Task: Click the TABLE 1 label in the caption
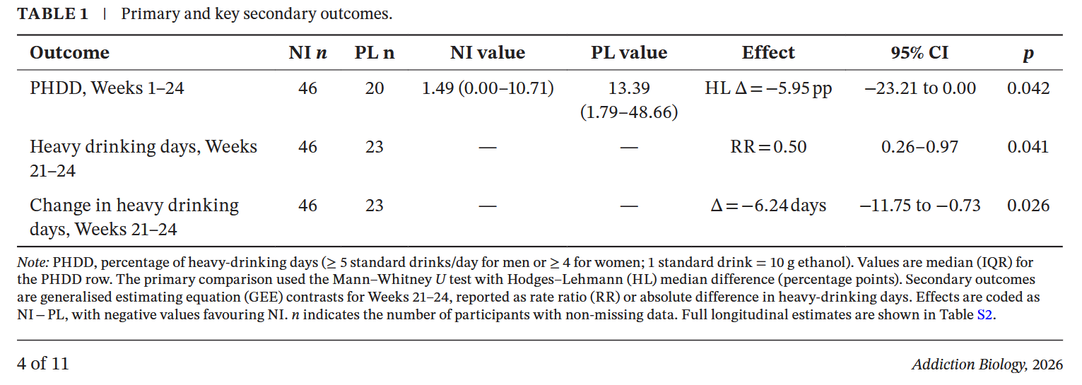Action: (52, 14)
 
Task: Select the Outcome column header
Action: (69, 53)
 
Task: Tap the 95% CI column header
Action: (919, 53)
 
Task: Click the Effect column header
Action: (768, 53)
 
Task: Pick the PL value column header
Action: (629, 53)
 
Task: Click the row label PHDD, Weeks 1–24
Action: (107, 88)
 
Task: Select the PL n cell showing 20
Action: (375, 88)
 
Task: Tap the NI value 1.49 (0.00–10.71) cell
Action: (488, 88)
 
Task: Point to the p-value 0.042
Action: (1028, 88)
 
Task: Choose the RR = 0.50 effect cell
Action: (768, 147)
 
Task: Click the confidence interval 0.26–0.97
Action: (919, 147)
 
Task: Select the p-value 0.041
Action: (1028, 147)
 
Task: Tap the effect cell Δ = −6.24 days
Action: (768, 206)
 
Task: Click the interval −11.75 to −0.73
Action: (919, 206)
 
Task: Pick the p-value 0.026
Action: (1028, 206)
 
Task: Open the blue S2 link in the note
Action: (984, 315)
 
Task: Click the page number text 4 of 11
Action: (43, 364)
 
